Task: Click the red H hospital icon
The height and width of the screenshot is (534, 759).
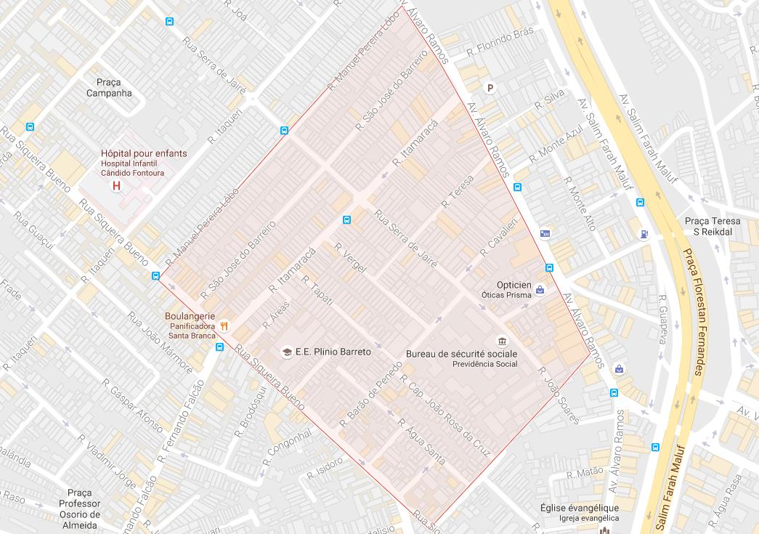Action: click(115, 187)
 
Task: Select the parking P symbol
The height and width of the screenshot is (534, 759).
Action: click(490, 88)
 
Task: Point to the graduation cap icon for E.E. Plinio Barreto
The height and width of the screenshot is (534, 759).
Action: click(288, 352)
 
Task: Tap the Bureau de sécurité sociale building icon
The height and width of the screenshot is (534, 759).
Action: click(502, 341)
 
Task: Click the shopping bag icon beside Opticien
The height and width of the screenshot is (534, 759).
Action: click(540, 290)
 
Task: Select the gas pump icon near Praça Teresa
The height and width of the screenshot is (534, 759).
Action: click(643, 234)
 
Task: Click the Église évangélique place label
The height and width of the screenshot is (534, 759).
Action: click(579, 508)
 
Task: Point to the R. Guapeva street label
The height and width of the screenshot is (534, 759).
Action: click(662, 320)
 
